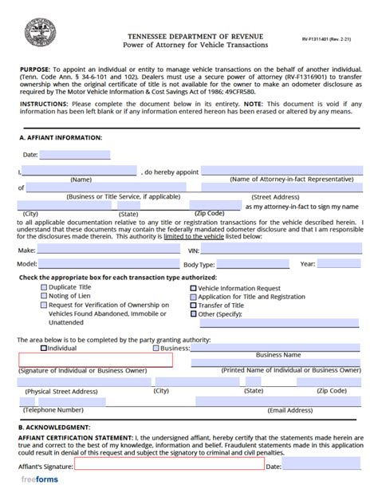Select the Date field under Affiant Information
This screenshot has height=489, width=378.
(x=76, y=154)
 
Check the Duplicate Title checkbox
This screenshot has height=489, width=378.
(x=43, y=286)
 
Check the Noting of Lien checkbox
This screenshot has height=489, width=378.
(x=43, y=295)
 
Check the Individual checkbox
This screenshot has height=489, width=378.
(x=43, y=348)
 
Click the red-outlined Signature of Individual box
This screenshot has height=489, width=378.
(x=96, y=360)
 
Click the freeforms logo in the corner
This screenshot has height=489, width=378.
(x=29, y=480)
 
